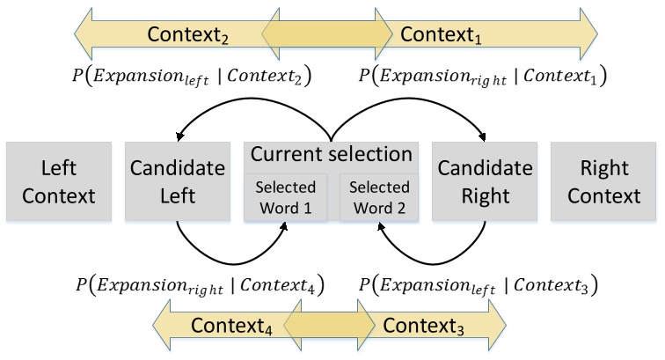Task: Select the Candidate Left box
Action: click(177, 180)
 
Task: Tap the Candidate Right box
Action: click(485, 180)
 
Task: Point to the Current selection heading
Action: click(332, 154)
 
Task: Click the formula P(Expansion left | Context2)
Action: click(188, 77)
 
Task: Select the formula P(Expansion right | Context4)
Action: click(201, 285)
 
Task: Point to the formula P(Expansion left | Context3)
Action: click(479, 285)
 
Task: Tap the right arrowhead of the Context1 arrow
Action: click(585, 35)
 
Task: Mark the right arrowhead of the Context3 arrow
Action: click(495, 326)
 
